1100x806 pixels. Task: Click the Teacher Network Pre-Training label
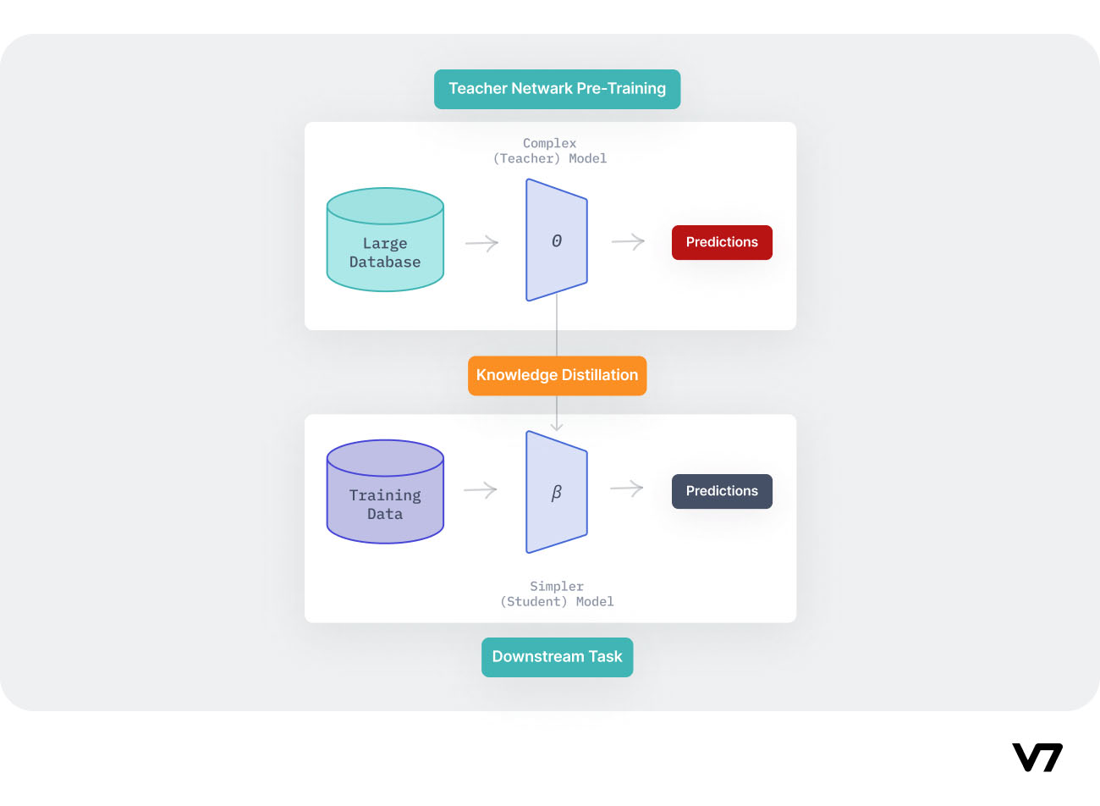point(557,89)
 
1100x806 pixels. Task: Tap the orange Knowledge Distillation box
point(557,375)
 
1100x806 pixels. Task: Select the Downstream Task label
point(557,657)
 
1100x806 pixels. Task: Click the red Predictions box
point(722,242)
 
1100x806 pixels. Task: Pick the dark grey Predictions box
point(722,491)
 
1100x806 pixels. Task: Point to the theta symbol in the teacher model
point(557,241)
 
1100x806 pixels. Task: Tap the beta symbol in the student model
point(557,493)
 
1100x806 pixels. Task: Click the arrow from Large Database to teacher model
point(482,244)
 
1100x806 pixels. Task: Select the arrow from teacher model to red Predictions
point(628,242)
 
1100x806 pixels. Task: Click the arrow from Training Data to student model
point(481,490)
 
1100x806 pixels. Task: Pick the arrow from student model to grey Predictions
point(627,489)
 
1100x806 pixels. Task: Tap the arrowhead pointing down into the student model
point(557,426)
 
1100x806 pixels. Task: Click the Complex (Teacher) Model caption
point(550,151)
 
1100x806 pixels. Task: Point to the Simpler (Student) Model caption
point(557,593)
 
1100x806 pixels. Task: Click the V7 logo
point(1037,758)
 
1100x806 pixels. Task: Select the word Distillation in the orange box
point(597,375)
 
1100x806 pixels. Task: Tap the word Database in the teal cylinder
point(385,262)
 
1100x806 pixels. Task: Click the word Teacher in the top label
point(478,89)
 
